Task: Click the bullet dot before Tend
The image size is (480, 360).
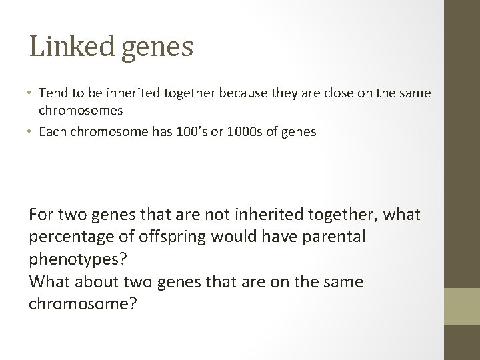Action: click(31, 93)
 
